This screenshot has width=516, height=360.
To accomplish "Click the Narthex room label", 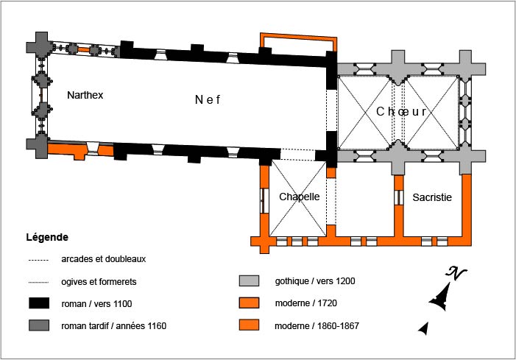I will point(85,95).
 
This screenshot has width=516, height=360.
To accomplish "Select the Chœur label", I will point(401,112).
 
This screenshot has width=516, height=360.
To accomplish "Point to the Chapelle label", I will point(299,197).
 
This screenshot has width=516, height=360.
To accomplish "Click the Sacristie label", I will point(432,197).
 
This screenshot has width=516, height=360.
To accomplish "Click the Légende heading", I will point(47,238).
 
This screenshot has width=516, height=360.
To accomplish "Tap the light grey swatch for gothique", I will point(250,281).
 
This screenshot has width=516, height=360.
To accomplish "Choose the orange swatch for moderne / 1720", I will point(250,303).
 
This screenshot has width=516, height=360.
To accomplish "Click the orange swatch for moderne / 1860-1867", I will point(250,325).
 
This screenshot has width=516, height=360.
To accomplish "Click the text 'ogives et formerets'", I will point(98,281).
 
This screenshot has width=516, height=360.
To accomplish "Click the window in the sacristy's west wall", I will point(397,198).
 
